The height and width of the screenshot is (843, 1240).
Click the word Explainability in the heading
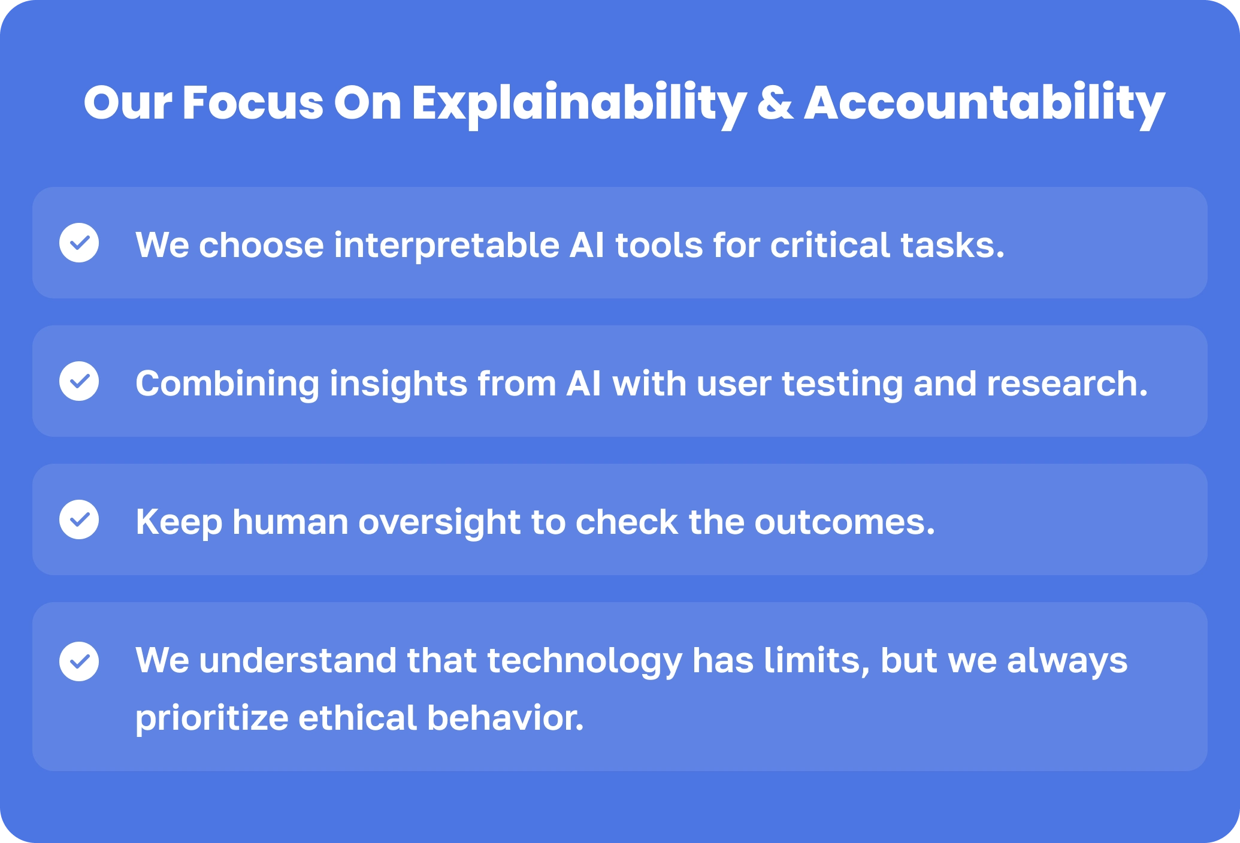579,104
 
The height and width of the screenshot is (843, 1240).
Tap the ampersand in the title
775,102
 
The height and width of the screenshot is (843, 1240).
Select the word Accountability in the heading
984,104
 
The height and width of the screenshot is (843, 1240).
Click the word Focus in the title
253,102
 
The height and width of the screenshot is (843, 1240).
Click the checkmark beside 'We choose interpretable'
79,243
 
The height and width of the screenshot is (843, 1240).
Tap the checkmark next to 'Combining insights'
79,381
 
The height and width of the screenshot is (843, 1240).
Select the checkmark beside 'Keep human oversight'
79,519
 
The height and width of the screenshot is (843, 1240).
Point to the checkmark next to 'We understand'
79,661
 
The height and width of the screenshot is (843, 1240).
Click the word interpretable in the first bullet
446,246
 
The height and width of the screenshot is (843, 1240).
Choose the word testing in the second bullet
842,385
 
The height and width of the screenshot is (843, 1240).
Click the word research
1067,384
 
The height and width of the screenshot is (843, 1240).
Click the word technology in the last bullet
585,661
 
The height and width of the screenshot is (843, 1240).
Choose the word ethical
358,718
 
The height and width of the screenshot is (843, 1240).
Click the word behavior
506,718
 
